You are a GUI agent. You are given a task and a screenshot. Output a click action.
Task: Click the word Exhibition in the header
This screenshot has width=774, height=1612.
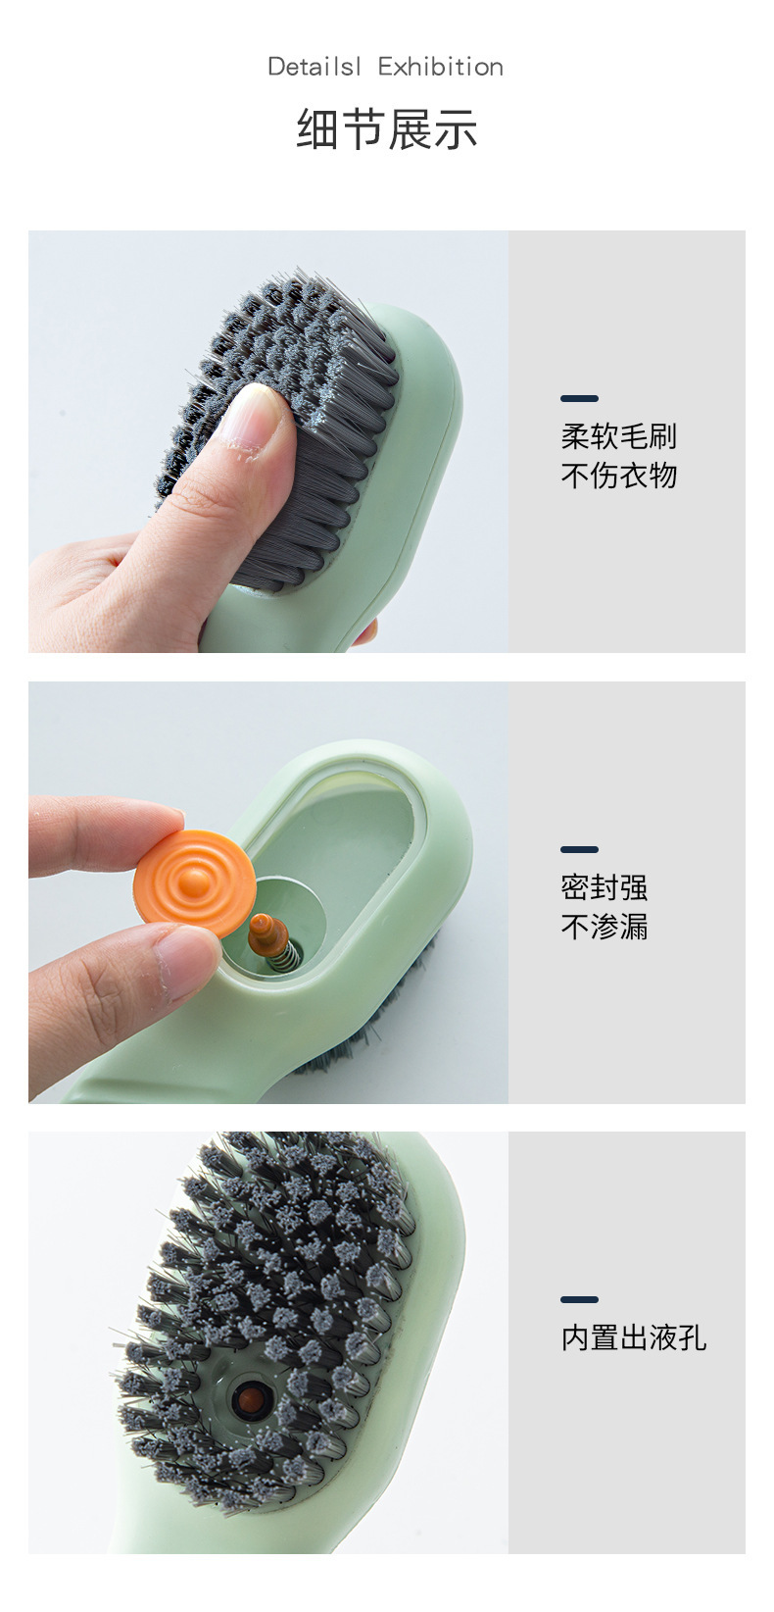[x=441, y=67]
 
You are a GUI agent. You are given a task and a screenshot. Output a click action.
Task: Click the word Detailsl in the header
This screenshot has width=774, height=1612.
[x=314, y=67]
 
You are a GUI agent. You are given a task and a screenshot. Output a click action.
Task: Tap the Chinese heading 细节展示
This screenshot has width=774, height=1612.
[x=387, y=129]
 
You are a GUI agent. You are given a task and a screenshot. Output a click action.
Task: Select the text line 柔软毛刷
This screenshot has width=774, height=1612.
[x=618, y=436]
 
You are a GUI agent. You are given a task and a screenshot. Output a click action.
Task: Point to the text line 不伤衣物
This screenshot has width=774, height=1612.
[x=618, y=476]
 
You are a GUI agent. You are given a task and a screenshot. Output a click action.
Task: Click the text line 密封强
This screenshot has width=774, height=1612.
[x=604, y=887]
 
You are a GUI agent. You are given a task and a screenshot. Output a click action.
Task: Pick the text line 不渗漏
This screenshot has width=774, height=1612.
[x=604, y=927]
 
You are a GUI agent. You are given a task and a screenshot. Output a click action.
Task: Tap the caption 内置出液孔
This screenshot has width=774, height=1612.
[x=633, y=1337]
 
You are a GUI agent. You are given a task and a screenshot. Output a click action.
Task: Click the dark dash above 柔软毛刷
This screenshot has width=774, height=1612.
[x=579, y=399]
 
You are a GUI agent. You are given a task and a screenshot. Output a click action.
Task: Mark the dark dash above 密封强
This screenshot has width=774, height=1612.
[x=579, y=849]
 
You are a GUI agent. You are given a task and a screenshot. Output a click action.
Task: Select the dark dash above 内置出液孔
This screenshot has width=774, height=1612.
[x=579, y=1299]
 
